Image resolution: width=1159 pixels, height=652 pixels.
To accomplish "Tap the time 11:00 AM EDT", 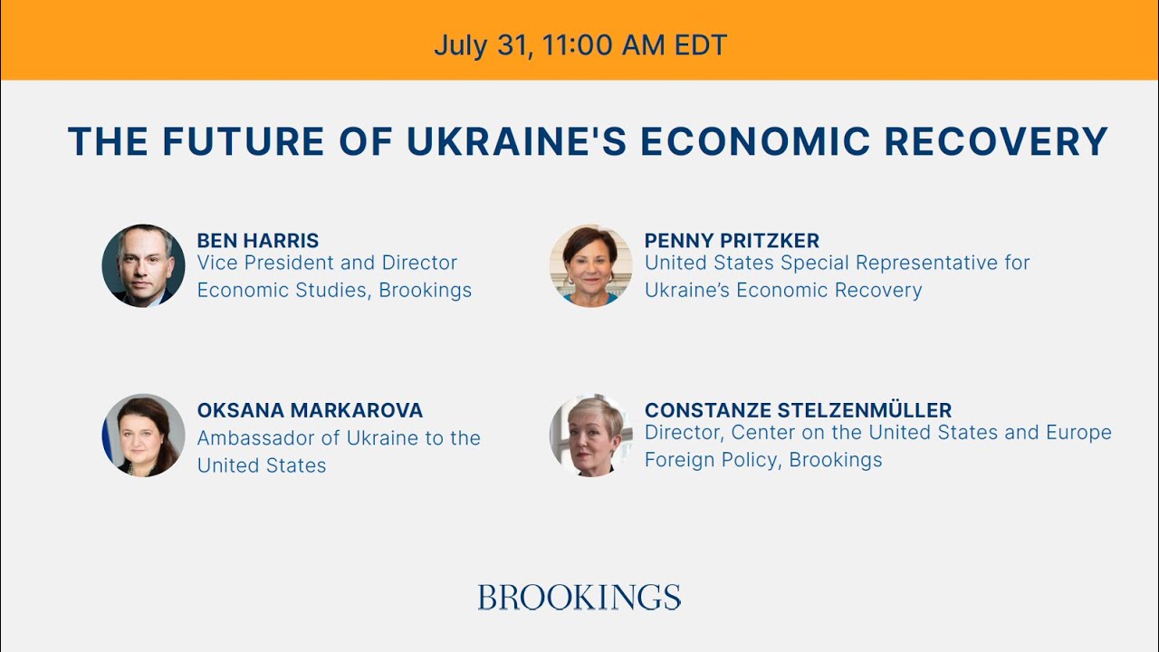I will (x=635, y=45).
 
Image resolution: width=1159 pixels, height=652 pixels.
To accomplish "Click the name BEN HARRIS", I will (x=258, y=241).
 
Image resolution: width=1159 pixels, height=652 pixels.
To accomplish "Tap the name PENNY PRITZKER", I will (x=732, y=241).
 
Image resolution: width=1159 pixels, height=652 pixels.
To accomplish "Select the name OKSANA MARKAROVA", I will (x=310, y=410).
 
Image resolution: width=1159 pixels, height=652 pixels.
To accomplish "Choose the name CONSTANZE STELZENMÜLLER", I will (x=798, y=410).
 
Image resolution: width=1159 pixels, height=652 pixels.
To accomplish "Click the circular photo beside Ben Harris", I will (x=143, y=265).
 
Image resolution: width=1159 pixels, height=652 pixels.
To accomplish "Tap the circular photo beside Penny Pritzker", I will (x=590, y=265).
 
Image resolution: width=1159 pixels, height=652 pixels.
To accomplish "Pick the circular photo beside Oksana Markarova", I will (x=143, y=436).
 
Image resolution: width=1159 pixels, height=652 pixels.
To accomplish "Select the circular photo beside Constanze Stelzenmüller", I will (x=590, y=436).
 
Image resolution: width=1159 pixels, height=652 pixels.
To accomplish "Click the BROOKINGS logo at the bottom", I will (x=579, y=598).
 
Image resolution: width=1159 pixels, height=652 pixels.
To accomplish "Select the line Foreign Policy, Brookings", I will (x=763, y=460).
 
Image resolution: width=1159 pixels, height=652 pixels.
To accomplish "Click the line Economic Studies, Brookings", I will (x=334, y=291).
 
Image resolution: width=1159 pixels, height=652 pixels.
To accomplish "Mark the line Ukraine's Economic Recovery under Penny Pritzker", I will (x=783, y=291).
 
